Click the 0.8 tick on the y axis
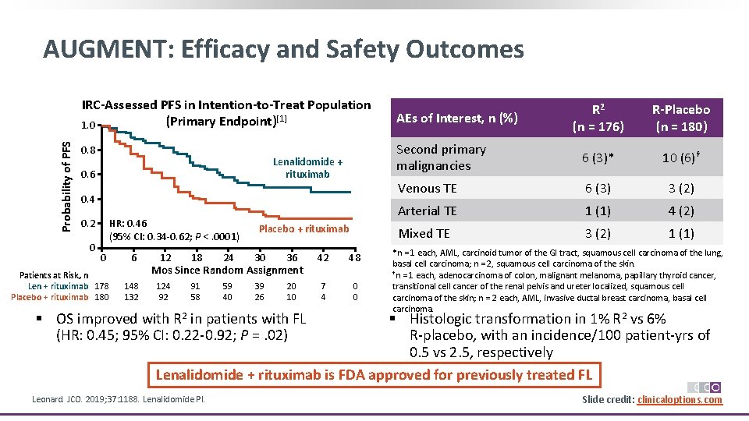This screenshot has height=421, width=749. pos(88,150)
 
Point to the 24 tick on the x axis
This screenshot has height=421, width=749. pos(228,258)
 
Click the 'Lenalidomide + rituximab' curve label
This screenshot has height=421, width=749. pos(307,168)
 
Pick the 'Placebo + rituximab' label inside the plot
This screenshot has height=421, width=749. pos(304,229)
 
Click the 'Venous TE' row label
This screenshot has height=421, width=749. pos(427,188)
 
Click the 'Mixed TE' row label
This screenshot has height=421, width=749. pos(424,233)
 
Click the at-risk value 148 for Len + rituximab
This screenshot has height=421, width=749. pos(132,286)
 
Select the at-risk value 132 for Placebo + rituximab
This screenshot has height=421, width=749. pos(132,297)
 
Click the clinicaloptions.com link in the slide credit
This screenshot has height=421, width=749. pos(679,400)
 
